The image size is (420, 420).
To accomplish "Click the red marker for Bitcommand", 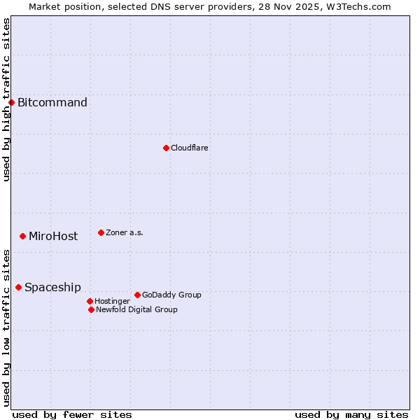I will pyautogui.click(x=11, y=103).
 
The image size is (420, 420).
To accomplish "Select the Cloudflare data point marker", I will pyautogui.click(x=166, y=148).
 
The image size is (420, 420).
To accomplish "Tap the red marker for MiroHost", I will pyautogui.click(x=22, y=237).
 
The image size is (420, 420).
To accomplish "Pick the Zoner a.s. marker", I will pyautogui.click(x=101, y=232).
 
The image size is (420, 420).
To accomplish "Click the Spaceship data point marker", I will pyautogui.click(x=18, y=288).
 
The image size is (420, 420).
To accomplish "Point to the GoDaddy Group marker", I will pyautogui.click(x=137, y=295).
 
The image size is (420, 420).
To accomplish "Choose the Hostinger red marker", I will pyautogui.click(x=90, y=301).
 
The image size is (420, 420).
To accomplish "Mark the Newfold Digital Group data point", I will pyautogui.click(x=91, y=309).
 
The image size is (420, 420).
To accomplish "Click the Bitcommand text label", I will pyautogui.click(x=52, y=103).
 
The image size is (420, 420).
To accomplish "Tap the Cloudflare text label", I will pyautogui.click(x=190, y=148).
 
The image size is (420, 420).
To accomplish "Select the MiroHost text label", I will pyautogui.click(x=53, y=237).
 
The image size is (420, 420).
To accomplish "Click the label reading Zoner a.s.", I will pyautogui.click(x=125, y=232).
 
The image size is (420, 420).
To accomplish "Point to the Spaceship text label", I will pyautogui.click(x=52, y=288).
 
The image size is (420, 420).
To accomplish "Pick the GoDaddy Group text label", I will pyautogui.click(x=171, y=295).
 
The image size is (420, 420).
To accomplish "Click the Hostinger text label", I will pyautogui.click(x=112, y=301).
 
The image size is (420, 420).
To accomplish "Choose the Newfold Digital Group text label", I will pyautogui.click(x=136, y=309).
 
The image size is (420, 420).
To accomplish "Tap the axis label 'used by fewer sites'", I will pyautogui.click(x=72, y=415).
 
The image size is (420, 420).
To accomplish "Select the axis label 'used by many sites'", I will pyautogui.click(x=351, y=415).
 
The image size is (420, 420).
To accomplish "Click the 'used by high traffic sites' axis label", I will pyautogui.click(x=7, y=100).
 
